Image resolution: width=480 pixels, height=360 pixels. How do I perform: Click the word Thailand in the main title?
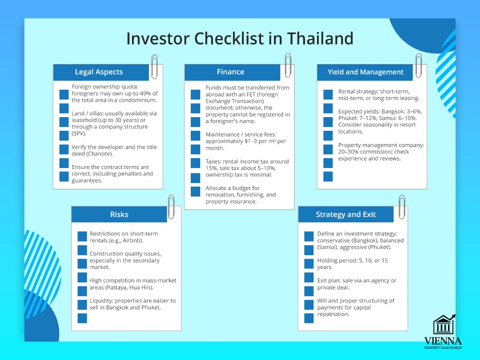[320, 38]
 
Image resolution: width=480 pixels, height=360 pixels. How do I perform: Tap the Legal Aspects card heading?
[99, 72]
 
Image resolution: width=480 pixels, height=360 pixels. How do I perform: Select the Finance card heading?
[230, 72]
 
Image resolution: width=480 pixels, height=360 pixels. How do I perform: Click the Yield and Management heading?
[365, 72]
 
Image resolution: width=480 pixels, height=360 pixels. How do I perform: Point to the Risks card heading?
[119, 214]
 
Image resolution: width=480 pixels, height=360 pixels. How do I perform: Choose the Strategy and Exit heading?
[345, 214]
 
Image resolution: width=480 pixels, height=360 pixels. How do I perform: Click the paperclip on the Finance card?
[288, 65]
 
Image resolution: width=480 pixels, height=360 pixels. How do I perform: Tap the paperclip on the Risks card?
[171, 207]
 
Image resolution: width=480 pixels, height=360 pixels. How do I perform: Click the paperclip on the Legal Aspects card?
[154, 66]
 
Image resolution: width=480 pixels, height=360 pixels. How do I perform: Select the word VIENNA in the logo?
[443, 341]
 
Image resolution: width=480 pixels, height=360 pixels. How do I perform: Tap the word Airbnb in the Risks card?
[132, 240]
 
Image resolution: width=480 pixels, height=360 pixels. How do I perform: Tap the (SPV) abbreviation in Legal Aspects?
[79, 133]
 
